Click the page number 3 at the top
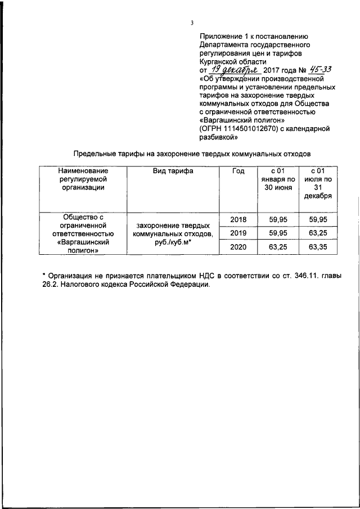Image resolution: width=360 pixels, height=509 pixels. point(192,22)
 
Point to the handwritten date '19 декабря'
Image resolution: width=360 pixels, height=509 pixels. point(233,70)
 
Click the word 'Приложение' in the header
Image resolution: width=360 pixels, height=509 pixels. point(222,35)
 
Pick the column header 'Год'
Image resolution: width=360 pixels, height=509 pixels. point(238,172)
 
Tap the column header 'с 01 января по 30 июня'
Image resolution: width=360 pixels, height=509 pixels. point(276,179)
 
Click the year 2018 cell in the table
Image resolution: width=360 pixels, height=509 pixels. point(238,219)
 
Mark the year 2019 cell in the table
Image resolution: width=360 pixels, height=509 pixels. point(238,233)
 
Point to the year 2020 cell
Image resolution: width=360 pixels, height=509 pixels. point(238,246)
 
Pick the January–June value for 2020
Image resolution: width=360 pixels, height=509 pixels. point(276,246)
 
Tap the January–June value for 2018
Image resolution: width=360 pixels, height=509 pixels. point(276,219)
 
